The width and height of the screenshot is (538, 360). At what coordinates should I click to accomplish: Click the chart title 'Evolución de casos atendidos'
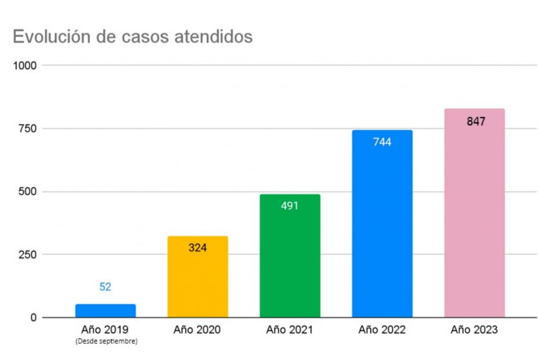(133, 37)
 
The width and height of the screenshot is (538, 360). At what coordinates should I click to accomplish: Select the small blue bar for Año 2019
(106, 311)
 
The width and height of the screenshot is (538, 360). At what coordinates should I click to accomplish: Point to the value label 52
(106, 287)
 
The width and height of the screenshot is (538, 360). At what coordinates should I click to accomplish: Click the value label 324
(198, 248)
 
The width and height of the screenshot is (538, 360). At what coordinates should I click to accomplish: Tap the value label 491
(290, 205)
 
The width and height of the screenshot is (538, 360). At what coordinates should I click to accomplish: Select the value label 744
(382, 141)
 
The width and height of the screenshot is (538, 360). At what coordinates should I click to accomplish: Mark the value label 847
(476, 122)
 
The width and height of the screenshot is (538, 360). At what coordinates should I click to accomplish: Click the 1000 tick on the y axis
(26, 66)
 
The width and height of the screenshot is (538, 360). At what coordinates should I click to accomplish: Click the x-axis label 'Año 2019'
(106, 330)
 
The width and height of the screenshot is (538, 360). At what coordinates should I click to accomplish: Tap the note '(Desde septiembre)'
(106, 342)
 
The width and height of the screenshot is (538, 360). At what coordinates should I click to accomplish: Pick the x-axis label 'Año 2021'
(290, 330)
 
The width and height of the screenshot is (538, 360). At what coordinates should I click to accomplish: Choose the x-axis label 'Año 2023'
(474, 330)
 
